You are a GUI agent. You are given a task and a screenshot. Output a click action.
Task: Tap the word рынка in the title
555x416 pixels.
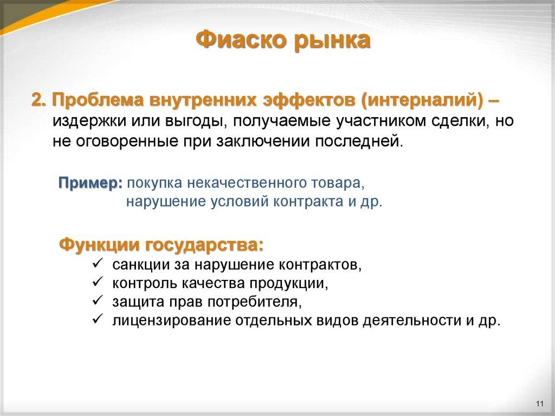[332, 41]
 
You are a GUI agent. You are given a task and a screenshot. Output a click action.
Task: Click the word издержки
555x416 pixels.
[83, 121]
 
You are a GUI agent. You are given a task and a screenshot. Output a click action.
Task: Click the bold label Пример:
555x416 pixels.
[91, 183]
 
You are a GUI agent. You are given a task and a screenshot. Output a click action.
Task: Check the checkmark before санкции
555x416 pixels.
[98, 264]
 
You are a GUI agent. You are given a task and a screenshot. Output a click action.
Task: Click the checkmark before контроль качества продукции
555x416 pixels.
[98, 282]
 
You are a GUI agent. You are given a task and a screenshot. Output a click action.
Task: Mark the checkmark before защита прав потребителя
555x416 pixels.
[98, 300]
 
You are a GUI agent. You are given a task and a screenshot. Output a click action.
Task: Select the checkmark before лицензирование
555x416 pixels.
[98, 319]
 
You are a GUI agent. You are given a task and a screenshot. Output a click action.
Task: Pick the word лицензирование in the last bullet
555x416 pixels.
[172, 320]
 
